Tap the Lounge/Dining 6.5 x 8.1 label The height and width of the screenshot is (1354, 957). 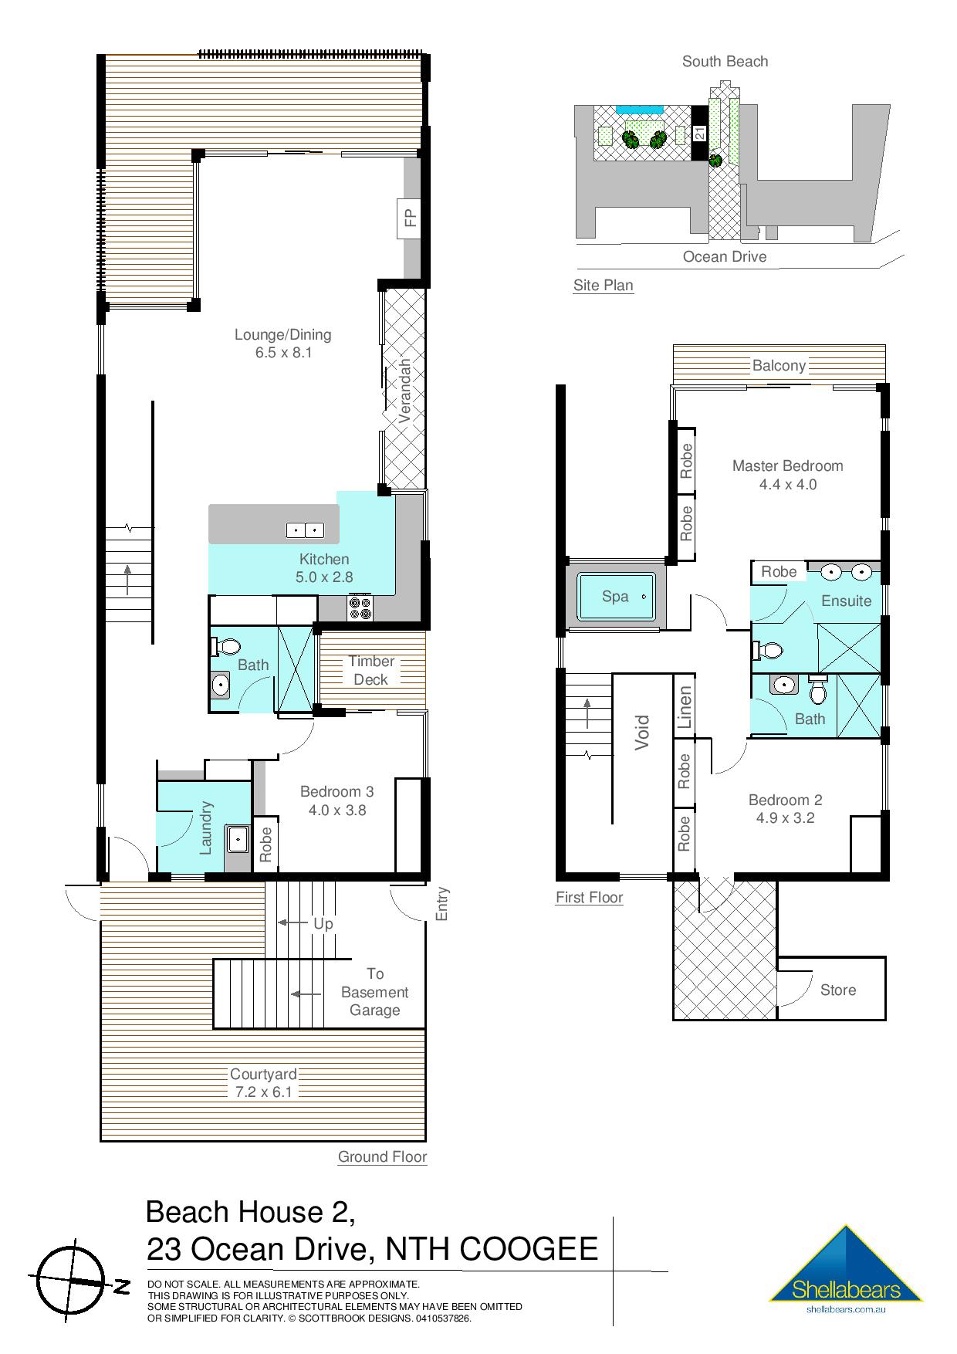pyautogui.click(x=282, y=344)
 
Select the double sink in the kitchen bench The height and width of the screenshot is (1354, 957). pyautogui.click(x=305, y=530)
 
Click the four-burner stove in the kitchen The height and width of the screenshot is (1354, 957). pyautogui.click(x=360, y=608)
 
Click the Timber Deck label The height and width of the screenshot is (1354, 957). pyautogui.click(x=371, y=670)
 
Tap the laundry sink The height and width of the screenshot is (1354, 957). pyautogui.click(x=237, y=838)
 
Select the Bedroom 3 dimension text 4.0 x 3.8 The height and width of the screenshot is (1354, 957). pyautogui.click(x=336, y=810)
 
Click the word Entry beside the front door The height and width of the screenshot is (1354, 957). pyautogui.click(x=442, y=903)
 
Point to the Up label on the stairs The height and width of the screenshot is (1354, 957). pyautogui.click(x=323, y=923)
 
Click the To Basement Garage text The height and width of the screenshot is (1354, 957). pyautogui.click(x=374, y=992)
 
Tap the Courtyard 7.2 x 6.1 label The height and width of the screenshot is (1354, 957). pyautogui.click(x=263, y=1083)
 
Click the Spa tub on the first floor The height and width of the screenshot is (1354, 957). pyautogui.click(x=616, y=596)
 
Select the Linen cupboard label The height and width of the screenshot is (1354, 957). pyautogui.click(x=685, y=707)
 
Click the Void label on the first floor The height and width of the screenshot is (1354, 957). pyautogui.click(x=642, y=732)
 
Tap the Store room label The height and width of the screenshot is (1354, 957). pyautogui.click(x=838, y=990)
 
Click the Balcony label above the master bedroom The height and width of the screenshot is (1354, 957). pyautogui.click(x=779, y=365)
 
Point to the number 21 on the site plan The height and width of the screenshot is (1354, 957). pyautogui.click(x=699, y=133)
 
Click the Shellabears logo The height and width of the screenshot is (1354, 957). pyautogui.click(x=846, y=1269)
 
